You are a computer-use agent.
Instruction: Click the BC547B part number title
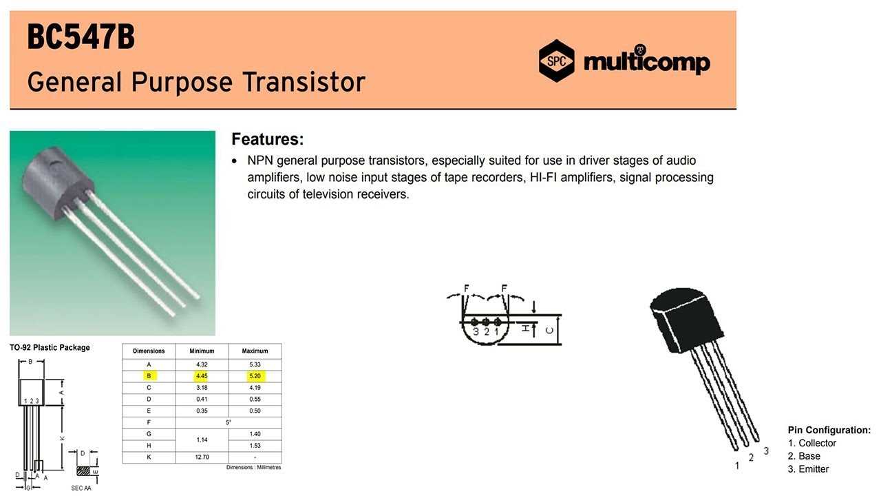81,37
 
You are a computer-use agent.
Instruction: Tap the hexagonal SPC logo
556,61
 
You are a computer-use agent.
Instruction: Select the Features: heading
268,139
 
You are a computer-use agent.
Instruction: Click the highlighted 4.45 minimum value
202,376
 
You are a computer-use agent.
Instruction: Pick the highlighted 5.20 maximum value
255,376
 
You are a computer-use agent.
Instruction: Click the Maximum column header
255,351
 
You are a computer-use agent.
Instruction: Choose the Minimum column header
202,351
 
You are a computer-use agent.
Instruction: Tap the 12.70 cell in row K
202,457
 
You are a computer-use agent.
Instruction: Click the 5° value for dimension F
229,422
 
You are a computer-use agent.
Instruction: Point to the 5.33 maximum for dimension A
255,364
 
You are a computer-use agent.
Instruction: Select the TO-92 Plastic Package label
50,348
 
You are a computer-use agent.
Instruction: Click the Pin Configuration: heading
829,430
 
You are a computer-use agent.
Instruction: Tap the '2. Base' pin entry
804,456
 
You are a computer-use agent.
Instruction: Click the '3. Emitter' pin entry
808,469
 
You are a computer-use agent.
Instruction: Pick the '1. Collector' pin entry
811,443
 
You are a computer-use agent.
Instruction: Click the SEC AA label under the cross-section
81,488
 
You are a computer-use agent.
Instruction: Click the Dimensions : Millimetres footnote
254,467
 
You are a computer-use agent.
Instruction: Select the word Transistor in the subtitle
304,82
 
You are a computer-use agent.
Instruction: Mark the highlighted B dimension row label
149,376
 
